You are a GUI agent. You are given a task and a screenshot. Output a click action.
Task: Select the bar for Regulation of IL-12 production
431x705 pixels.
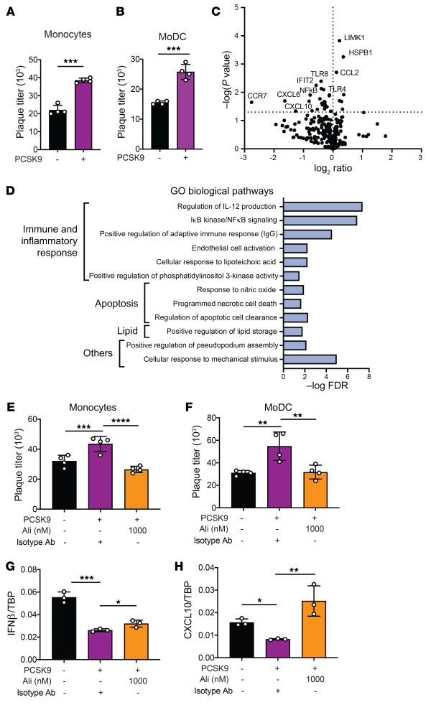tap(323, 207)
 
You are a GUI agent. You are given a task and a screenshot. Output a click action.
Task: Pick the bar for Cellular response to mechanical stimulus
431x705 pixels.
tap(310, 357)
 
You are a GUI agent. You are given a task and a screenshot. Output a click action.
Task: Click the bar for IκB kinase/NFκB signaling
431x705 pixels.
tap(320, 220)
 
